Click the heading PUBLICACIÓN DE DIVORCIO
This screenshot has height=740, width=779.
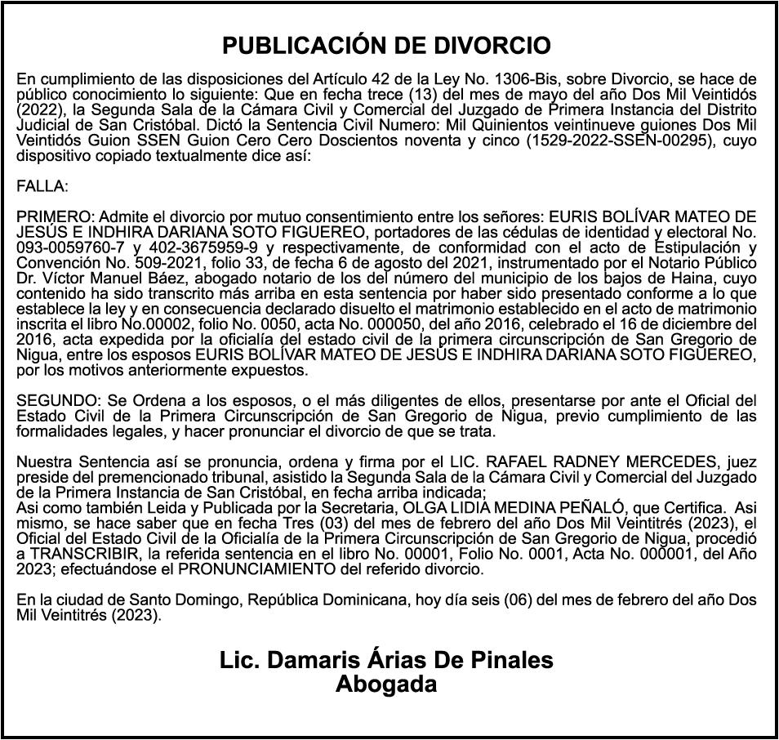pyautogui.click(x=386, y=45)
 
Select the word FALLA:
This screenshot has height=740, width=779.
pyautogui.click(x=42, y=186)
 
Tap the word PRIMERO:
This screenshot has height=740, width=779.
pyautogui.click(x=56, y=216)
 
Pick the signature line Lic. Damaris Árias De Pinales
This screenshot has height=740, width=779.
pyautogui.click(x=386, y=659)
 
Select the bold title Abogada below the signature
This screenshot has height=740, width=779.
pyautogui.click(x=386, y=684)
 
